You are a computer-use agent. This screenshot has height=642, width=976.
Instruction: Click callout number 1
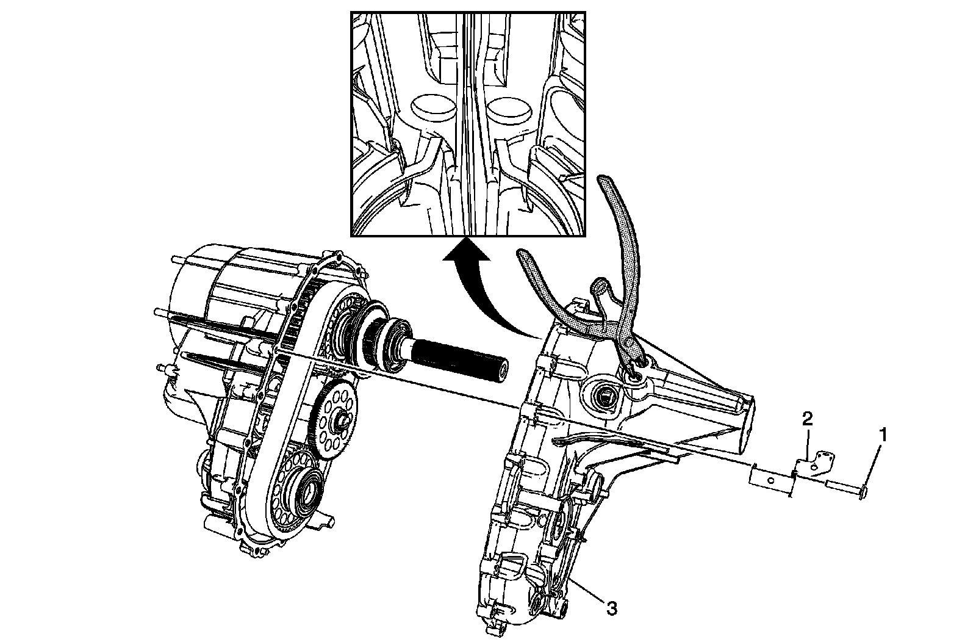pyautogui.click(x=883, y=435)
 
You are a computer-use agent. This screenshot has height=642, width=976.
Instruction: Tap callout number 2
pyautogui.click(x=807, y=419)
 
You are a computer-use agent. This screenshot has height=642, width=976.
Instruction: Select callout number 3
pyautogui.click(x=612, y=608)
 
